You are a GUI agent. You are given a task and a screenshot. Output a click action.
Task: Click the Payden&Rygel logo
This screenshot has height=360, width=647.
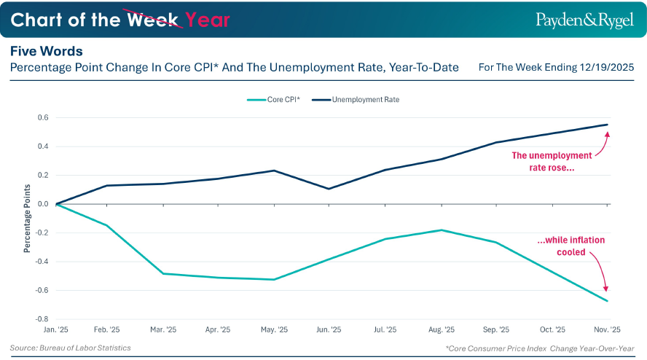[574, 19]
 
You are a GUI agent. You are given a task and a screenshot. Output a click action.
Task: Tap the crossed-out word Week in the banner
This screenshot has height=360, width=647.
[154, 20]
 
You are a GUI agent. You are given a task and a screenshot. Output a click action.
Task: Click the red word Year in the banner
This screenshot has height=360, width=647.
[208, 20]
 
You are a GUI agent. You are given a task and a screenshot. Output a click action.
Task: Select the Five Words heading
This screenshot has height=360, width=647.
[46, 52]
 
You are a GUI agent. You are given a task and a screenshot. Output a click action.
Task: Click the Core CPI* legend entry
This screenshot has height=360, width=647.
[275, 99]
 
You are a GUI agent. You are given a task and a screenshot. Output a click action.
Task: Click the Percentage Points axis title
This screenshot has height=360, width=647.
[27, 218]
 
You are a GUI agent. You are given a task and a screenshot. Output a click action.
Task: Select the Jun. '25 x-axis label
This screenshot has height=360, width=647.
[329, 330]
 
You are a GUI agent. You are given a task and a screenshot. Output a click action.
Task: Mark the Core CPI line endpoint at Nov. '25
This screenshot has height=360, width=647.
[607, 301]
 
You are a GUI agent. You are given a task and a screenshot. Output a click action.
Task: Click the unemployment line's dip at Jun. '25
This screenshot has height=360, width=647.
[329, 189]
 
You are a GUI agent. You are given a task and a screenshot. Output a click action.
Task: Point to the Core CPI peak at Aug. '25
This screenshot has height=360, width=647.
[442, 230]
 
